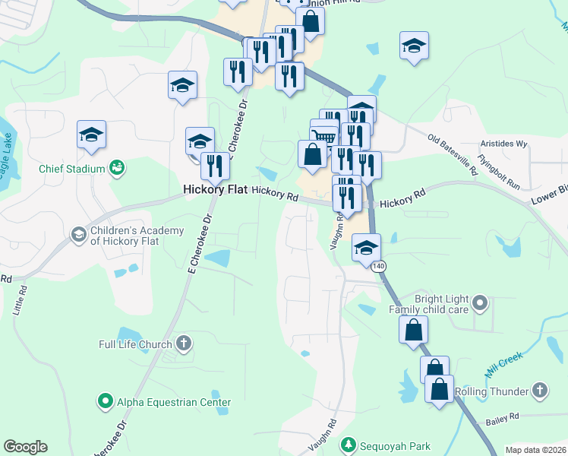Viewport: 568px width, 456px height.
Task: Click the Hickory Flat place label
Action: (216, 190)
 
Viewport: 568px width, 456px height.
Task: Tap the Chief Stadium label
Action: (75, 168)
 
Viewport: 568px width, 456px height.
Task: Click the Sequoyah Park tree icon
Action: (349, 445)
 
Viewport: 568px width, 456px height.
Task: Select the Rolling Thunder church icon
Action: (538, 391)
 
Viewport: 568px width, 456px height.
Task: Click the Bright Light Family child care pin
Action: (479, 304)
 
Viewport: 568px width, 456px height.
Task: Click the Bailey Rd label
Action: (503, 416)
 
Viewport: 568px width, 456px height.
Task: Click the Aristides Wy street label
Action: (503, 144)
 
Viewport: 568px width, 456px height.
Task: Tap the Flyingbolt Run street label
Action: (499, 173)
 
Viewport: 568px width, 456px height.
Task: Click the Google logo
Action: (25, 447)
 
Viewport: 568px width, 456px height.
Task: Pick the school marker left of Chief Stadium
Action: (91, 135)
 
